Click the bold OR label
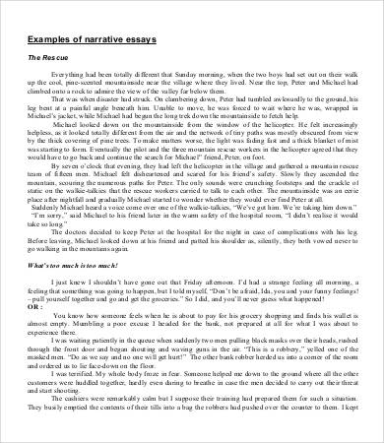(x=36, y=305)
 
